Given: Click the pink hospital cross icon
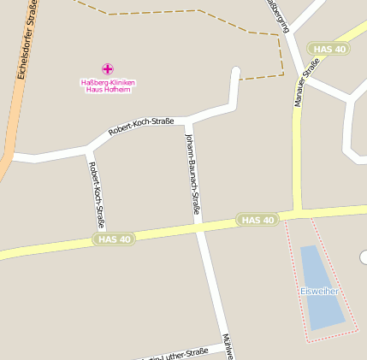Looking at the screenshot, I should [x=108, y=68].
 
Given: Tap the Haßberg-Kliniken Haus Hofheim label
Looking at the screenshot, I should [x=108, y=86].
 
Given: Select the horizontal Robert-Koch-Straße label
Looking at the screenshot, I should [x=141, y=127].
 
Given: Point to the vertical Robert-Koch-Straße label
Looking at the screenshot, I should [x=97, y=195].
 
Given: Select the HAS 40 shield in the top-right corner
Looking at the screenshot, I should [x=329, y=50].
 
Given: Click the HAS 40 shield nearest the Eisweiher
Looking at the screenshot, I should [x=258, y=220].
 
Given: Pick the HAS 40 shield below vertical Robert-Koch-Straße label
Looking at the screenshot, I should [x=115, y=239].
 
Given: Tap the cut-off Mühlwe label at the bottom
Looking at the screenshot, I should [x=227, y=346].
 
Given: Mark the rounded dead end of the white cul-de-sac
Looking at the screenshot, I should [x=236, y=72].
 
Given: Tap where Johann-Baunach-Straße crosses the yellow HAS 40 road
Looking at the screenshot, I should [x=199, y=227].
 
